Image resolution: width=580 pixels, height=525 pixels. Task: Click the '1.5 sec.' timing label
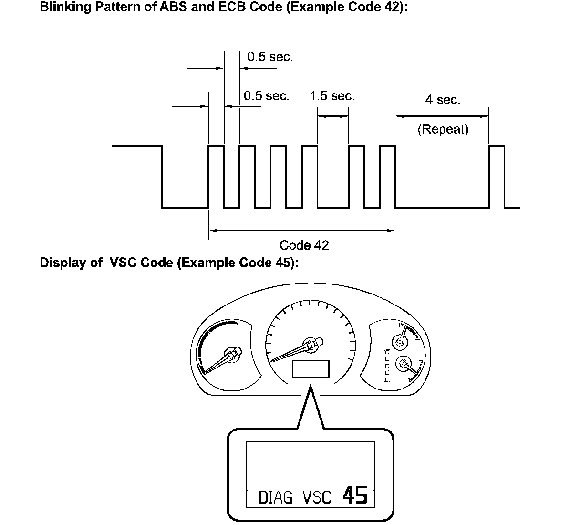click(x=332, y=96)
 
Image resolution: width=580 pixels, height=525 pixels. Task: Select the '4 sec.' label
click(x=443, y=100)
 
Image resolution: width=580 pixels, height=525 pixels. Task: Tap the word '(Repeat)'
click(x=443, y=129)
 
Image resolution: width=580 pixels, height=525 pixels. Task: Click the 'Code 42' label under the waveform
click(x=304, y=245)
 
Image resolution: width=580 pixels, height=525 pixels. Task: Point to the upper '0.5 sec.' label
click(x=270, y=57)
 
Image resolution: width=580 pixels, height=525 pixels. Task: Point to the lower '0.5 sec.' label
click(x=266, y=96)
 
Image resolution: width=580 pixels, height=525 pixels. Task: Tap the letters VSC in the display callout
click(x=317, y=498)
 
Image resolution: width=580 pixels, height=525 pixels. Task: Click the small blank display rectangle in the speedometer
click(x=311, y=369)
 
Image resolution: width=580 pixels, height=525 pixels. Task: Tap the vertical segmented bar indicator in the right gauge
click(x=387, y=365)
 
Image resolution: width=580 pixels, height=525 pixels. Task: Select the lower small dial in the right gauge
click(x=404, y=364)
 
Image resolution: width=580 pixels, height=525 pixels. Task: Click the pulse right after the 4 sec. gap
click(x=497, y=177)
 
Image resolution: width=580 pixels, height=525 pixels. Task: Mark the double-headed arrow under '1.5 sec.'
click(x=333, y=115)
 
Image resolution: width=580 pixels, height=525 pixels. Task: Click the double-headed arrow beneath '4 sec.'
click(x=442, y=115)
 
